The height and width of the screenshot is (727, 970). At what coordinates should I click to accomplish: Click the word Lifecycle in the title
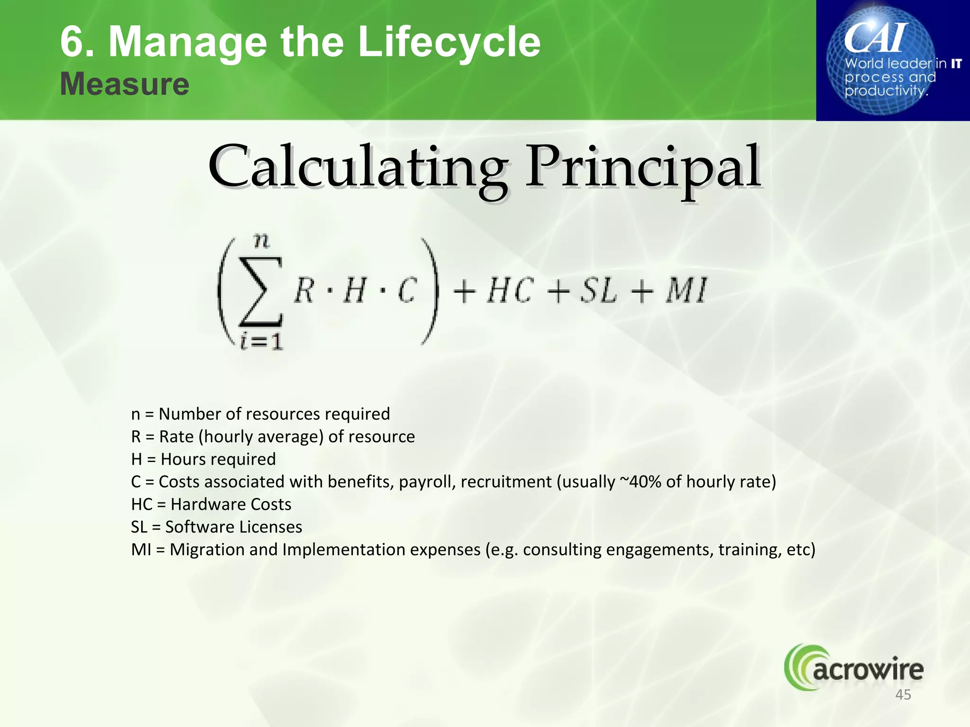(x=449, y=43)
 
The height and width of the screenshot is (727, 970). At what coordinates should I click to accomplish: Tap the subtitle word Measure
(x=125, y=84)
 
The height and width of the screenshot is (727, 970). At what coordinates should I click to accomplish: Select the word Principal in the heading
(x=643, y=168)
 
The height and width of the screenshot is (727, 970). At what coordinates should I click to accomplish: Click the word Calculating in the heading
(x=358, y=168)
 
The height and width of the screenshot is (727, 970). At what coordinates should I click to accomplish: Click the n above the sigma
(x=261, y=241)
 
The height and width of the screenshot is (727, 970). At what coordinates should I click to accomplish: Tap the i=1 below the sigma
(x=261, y=341)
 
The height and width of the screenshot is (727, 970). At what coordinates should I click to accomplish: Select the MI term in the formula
(x=687, y=291)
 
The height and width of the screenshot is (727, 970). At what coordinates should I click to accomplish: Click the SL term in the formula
(x=599, y=291)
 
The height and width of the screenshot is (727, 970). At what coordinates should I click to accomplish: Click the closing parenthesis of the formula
(x=430, y=291)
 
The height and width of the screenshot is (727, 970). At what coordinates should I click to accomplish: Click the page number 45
(x=903, y=695)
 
